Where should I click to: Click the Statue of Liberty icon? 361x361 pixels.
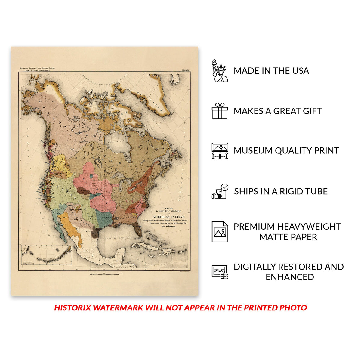tap(220, 71)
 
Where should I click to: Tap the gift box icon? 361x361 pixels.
tap(220, 111)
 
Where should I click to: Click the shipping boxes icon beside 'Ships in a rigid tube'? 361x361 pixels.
tap(220, 191)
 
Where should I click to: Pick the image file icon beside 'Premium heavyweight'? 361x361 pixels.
tap(220, 232)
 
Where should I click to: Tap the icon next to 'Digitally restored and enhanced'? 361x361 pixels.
tap(220, 272)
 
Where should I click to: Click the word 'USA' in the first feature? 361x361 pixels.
tap(299, 71)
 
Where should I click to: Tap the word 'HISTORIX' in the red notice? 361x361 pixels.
tap(73, 307)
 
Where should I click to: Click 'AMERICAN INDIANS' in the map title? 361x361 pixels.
tap(168, 217)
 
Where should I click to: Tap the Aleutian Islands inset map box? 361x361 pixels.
tap(47, 255)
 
